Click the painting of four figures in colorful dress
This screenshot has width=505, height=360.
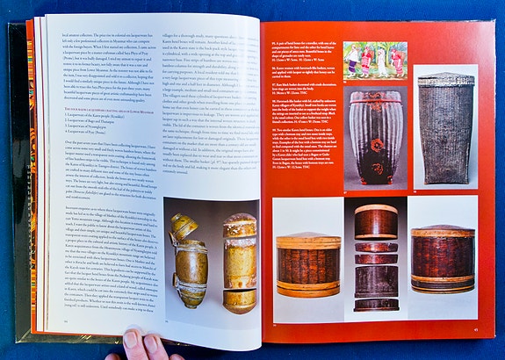coord(375,61)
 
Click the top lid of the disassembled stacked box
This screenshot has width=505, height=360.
coord(376,220)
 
